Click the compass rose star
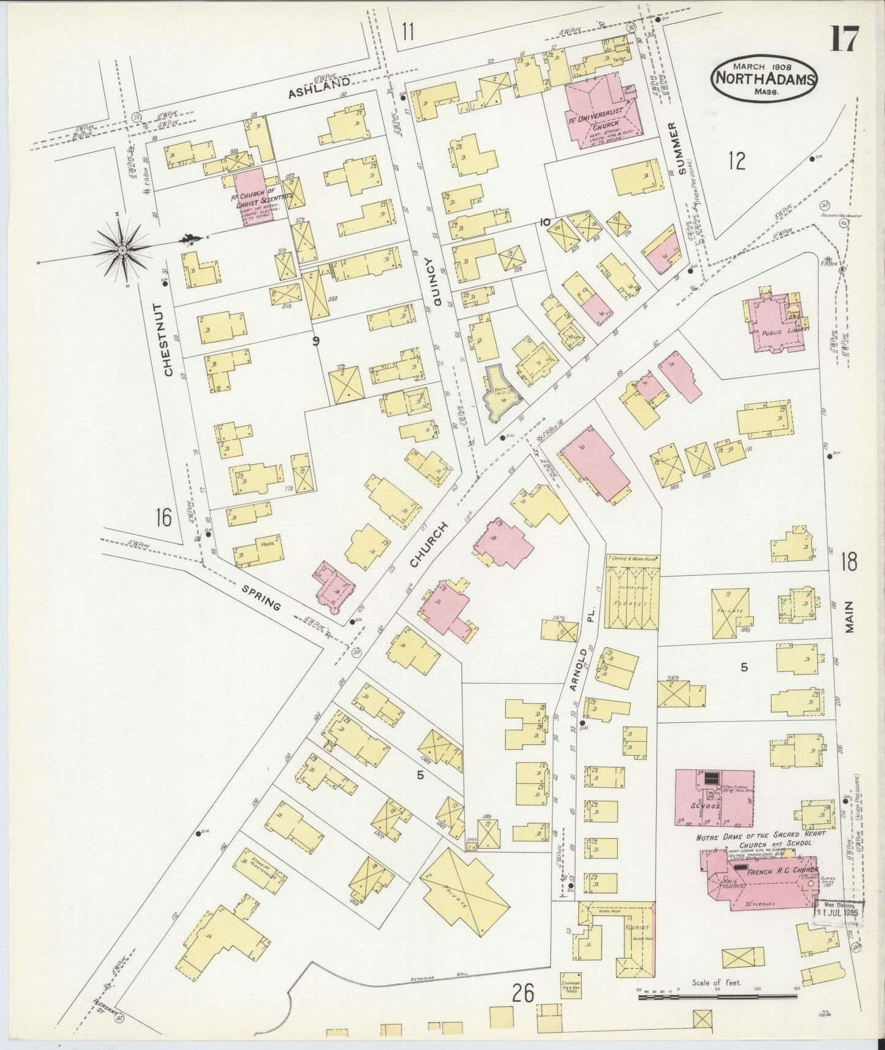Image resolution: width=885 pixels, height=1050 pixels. pyautogui.click(x=122, y=249)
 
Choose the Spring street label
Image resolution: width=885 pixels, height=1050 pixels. pyautogui.click(x=261, y=598)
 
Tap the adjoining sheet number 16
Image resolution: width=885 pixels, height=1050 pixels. pyautogui.click(x=163, y=518)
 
